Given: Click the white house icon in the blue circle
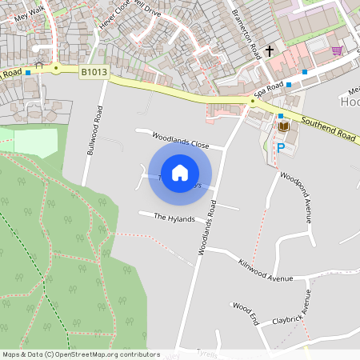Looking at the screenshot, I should tap(180, 173).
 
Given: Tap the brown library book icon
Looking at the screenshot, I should tap(284, 127).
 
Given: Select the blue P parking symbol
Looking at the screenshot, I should tap(281, 147).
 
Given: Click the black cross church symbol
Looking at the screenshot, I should tap(269, 51).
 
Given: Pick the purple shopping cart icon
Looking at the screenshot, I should tap(337, 50).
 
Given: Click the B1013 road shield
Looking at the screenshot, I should tap(93, 72).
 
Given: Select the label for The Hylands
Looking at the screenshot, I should tap(174, 218).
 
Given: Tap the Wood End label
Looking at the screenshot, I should tap(246, 313).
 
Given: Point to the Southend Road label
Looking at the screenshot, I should tap(327, 126).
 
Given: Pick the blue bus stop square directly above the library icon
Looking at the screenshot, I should tap(280, 116).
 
